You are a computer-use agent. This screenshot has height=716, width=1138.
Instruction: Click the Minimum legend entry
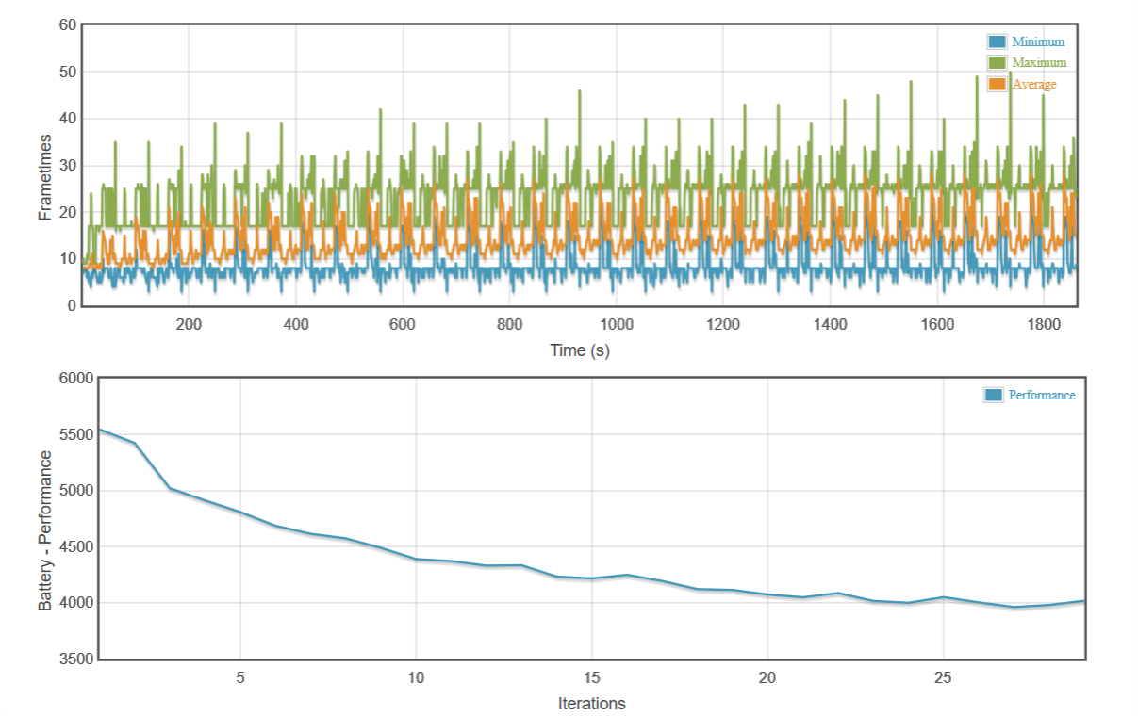(x=1037, y=41)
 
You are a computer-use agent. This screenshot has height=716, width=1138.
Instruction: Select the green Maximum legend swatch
(x=998, y=63)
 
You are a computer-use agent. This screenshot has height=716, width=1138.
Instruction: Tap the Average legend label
(x=1034, y=85)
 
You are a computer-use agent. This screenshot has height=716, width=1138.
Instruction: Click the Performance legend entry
(x=1041, y=396)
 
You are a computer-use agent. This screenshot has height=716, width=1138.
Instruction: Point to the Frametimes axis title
(x=44, y=177)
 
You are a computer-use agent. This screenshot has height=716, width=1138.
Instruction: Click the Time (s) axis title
(x=580, y=350)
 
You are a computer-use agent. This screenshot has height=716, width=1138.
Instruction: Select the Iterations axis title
(x=591, y=704)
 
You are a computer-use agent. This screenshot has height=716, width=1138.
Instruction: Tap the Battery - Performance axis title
(x=44, y=530)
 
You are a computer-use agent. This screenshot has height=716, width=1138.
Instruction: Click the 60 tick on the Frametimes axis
(x=67, y=25)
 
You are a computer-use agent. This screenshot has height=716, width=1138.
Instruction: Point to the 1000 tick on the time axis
(x=617, y=325)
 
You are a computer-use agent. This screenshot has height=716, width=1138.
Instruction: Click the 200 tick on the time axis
(x=189, y=325)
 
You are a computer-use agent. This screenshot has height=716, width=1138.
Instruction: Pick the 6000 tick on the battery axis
(x=76, y=379)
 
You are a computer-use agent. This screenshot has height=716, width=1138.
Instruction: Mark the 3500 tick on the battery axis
(x=76, y=659)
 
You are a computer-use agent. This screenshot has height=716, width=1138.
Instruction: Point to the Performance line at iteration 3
(x=170, y=488)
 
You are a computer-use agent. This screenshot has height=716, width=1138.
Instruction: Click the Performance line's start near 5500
(x=101, y=430)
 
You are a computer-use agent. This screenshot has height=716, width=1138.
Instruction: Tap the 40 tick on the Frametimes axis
(x=67, y=119)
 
